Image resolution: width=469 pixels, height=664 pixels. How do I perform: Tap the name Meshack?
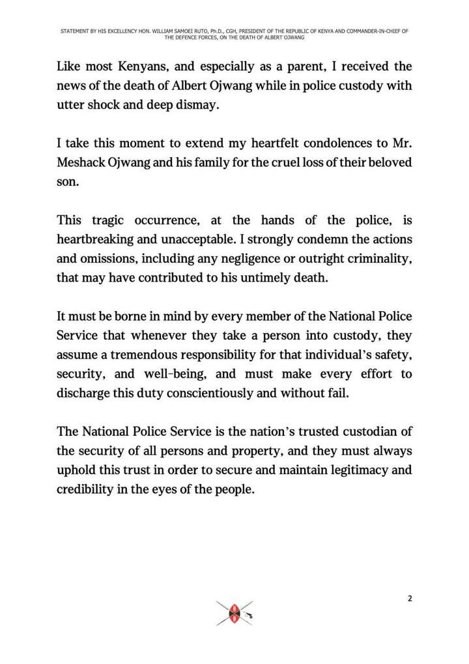click(x=84, y=161)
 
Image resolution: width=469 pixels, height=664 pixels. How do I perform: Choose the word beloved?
click(x=390, y=161)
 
